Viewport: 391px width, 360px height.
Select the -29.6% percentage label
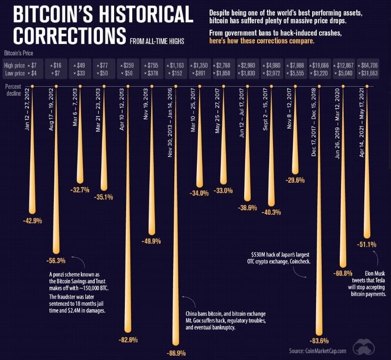click(x=295, y=180)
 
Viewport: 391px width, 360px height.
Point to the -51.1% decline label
click(x=367, y=244)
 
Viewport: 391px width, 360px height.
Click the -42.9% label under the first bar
click(x=32, y=221)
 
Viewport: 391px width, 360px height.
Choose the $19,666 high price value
click(x=321, y=66)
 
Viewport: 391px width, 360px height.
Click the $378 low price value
click(x=152, y=73)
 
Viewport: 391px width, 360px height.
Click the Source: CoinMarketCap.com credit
click(x=317, y=351)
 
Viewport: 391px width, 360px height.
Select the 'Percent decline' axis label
click(x=13, y=90)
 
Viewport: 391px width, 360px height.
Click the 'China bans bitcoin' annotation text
click(x=205, y=313)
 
